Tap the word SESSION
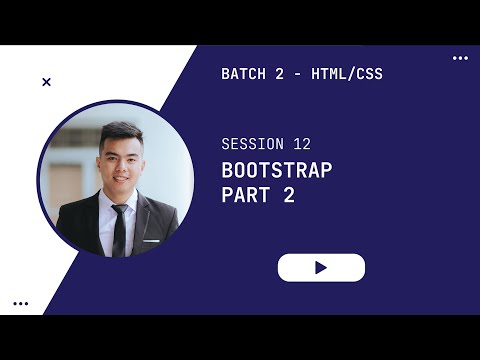pos(253,144)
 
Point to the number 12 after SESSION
pos(303,144)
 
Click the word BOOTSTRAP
pos(277,170)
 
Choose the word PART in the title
pos(246,196)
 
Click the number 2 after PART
pos(289,196)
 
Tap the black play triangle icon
pos(321,268)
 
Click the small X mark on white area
pos(46,82)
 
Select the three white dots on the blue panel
pos(460,58)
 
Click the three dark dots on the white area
pos(21,303)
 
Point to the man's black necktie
pos(120,230)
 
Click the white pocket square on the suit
pos(151,241)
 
